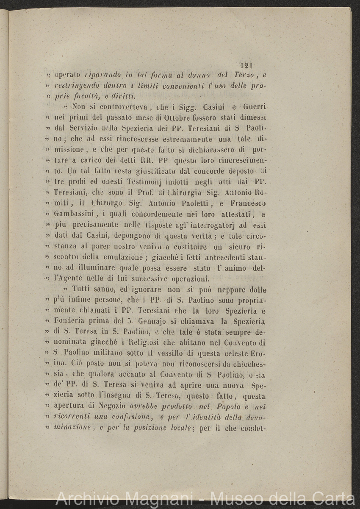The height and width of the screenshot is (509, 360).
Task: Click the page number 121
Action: point(246,65)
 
